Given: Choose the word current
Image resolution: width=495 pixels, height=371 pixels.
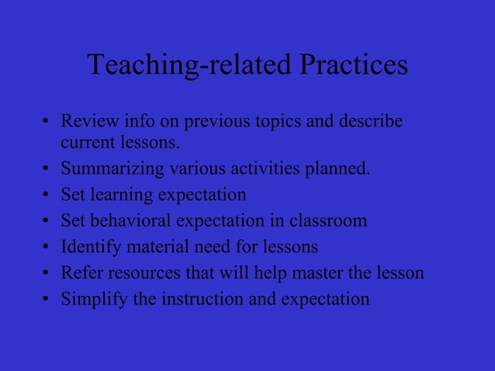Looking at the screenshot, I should tap(86, 143).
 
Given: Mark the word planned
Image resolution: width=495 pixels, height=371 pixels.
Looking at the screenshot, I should tap(338, 168).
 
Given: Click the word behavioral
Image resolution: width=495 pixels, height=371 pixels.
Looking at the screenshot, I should tap(131, 220).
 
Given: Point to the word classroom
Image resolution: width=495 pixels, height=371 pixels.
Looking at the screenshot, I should tap(328, 220).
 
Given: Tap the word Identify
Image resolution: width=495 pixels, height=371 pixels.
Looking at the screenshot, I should tap(89, 247).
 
